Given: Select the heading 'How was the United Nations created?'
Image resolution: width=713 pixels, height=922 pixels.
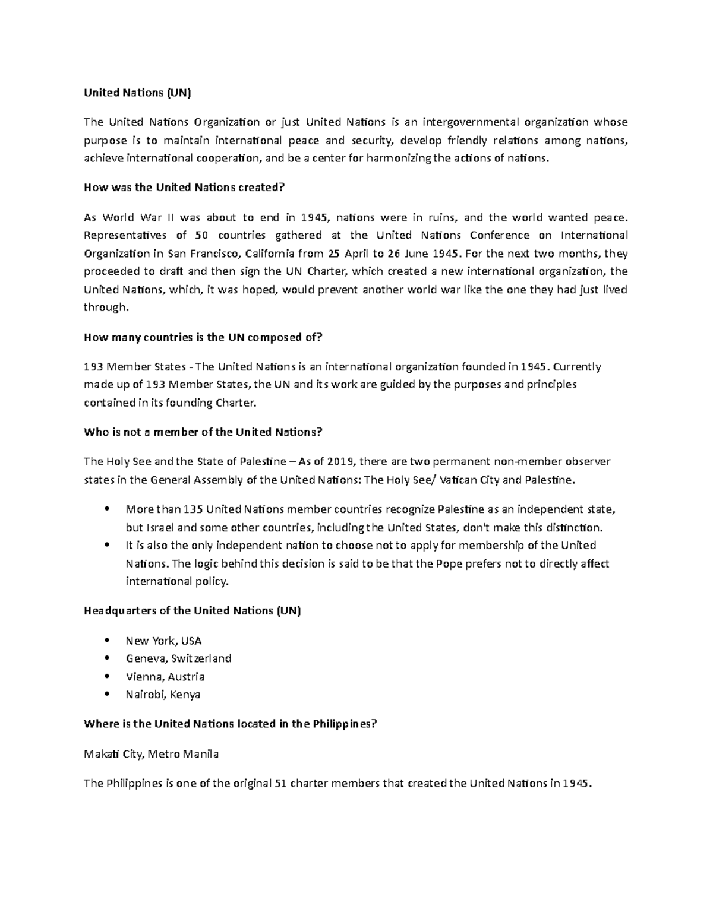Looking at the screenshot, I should coord(185,188).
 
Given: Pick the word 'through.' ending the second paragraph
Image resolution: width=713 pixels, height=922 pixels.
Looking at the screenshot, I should coord(106,308).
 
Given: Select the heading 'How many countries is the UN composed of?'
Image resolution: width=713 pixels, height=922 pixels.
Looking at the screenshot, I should coord(203,337).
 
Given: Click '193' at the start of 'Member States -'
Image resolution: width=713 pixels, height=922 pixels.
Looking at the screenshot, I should coord(93,367).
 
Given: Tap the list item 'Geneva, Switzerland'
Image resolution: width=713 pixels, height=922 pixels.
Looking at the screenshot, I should coord(178,658).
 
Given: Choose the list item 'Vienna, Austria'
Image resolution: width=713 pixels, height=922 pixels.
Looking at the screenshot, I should coord(165,676).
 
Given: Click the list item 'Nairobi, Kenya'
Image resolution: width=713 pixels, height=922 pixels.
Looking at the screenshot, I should coord(163,694).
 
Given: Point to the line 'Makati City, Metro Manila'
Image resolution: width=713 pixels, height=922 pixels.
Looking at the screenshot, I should coord(151,754).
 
